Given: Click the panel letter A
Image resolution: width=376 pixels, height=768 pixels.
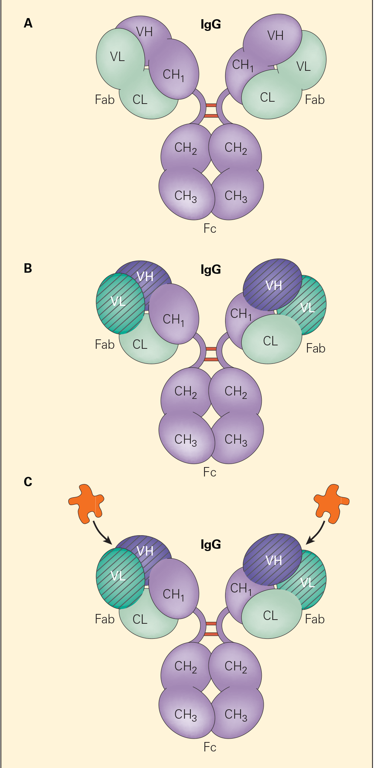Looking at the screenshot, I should [28, 23].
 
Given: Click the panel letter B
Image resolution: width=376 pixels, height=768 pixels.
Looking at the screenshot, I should [28, 268].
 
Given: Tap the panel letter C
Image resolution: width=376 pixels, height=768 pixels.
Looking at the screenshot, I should [28, 482].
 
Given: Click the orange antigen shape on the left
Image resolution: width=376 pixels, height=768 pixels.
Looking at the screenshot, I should [86, 503].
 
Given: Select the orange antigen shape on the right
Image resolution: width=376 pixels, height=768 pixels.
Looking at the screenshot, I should [331, 503].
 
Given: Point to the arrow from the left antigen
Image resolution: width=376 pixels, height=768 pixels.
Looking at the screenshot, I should [101, 533].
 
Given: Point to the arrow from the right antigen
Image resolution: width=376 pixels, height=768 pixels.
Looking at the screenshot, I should [317, 533].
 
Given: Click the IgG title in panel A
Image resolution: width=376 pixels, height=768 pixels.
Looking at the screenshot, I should [210, 25].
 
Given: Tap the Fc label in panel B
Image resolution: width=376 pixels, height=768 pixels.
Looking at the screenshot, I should [210, 472].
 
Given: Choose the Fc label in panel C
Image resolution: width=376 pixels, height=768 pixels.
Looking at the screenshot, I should [210, 747].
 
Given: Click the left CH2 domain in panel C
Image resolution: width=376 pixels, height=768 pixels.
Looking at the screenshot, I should [186, 667].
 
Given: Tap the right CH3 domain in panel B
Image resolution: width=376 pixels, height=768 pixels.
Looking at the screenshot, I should [236, 440].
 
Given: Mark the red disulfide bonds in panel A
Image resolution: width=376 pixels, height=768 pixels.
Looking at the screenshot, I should [211, 110].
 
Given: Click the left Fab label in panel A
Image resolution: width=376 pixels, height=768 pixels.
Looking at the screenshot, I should [104, 100].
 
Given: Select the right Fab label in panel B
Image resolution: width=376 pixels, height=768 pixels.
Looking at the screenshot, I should [316, 348].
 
